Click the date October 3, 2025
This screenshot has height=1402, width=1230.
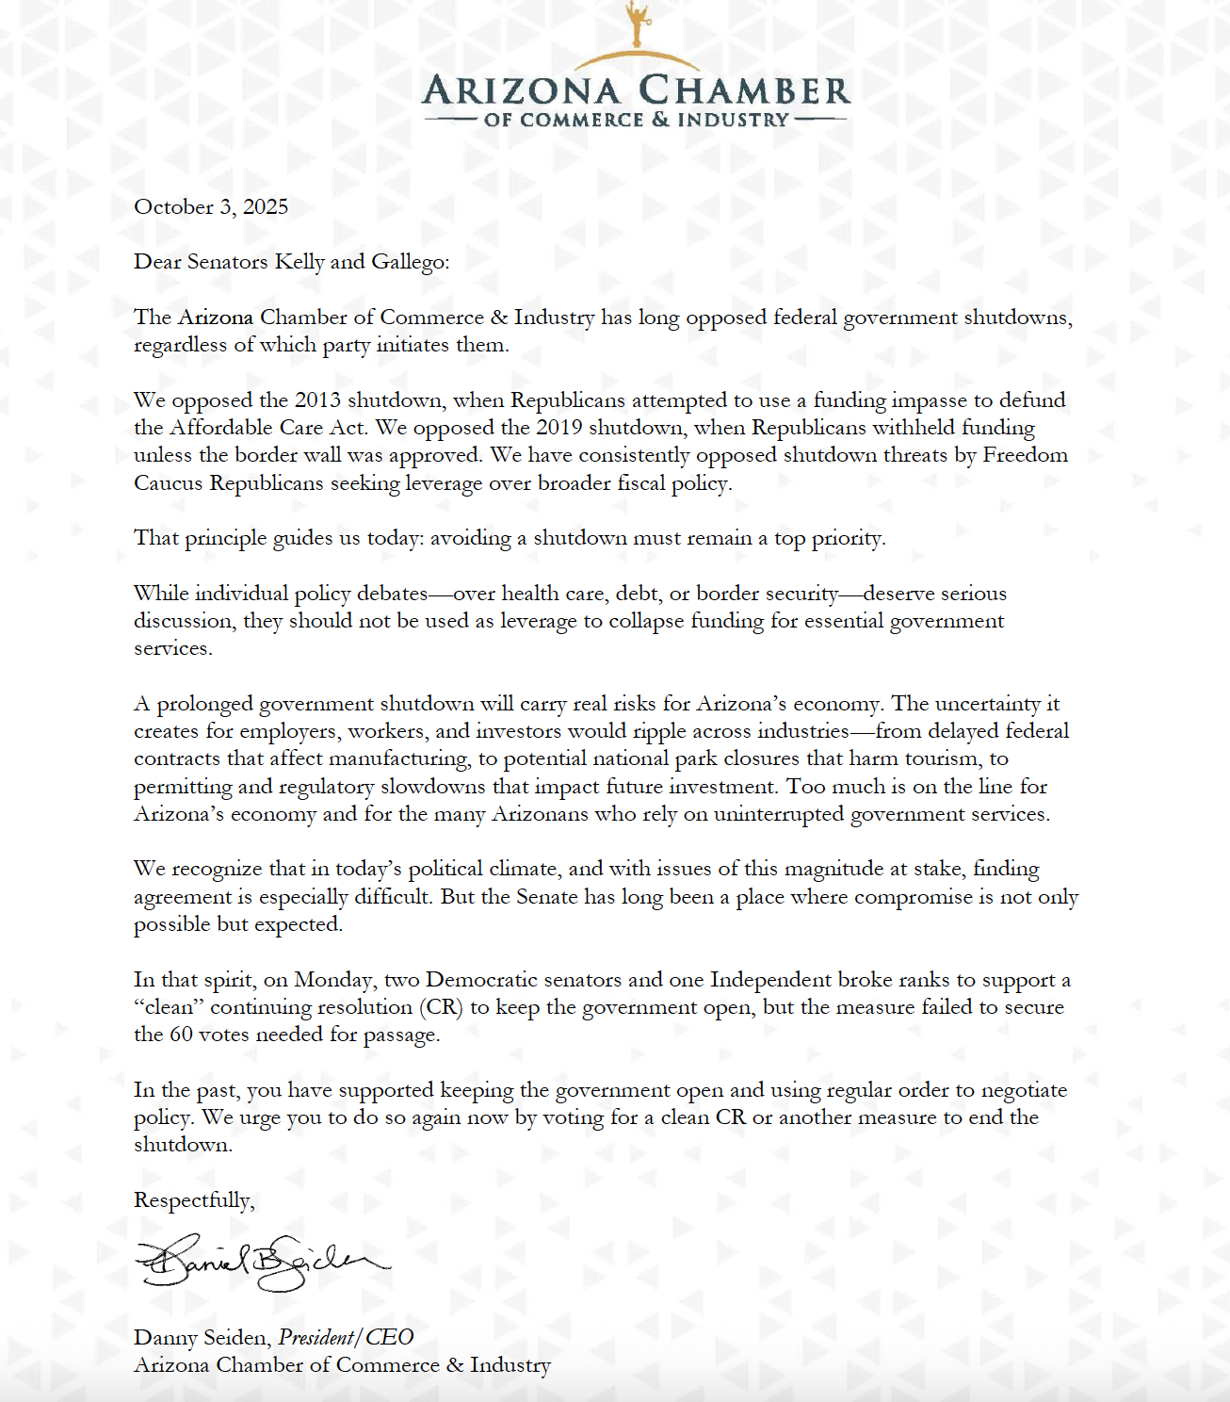coord(211,207)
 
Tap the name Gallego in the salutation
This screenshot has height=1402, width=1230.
coord(409,262)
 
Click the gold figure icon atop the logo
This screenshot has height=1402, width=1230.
coord(639,23)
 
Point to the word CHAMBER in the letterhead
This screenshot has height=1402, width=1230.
coord(744,91)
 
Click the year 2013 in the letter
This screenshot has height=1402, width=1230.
coord(317,400)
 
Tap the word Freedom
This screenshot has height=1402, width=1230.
coord(1026,455)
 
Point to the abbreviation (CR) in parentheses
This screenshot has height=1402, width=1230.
coord(442,1007)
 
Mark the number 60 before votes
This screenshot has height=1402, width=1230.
coord(181,1035)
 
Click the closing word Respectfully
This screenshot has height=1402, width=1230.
coord(194,1200)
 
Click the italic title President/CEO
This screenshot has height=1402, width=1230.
coord(346,1338)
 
